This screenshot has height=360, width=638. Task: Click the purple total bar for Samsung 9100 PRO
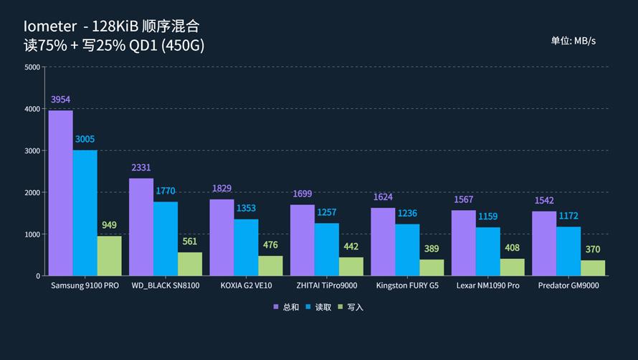click(x=61, y=193)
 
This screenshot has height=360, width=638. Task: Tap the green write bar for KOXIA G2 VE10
click(x=270, y=265)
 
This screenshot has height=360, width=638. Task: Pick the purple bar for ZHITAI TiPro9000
click(x=303, y=240)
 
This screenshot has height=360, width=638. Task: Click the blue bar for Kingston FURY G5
click(x=407, y=250)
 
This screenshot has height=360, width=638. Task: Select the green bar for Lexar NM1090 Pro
click(x=512, y=267)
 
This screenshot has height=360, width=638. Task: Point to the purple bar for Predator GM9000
click(x=544, y=243)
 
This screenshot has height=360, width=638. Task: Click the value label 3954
click(x=60, y=100)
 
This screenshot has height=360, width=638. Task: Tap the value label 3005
click(x=85, y=139)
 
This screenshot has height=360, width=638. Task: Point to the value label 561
click(x=189, y=242)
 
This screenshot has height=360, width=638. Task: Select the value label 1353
click(x=246, y=209)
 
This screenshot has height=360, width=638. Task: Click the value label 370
click(x=593, y=250)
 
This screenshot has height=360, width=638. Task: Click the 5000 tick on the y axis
click(x=32, y=67)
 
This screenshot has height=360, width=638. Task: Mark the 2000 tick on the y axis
click(x=32, y=193)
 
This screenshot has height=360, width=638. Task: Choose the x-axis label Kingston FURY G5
click(x=407, y=285)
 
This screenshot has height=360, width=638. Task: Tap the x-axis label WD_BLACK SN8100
click(x=166, y=285)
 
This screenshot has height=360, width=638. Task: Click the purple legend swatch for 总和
click(x=275, y=307)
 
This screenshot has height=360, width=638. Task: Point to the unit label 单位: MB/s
click(x=573, y=41)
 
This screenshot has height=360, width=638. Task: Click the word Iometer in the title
click(x=49, y=27)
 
